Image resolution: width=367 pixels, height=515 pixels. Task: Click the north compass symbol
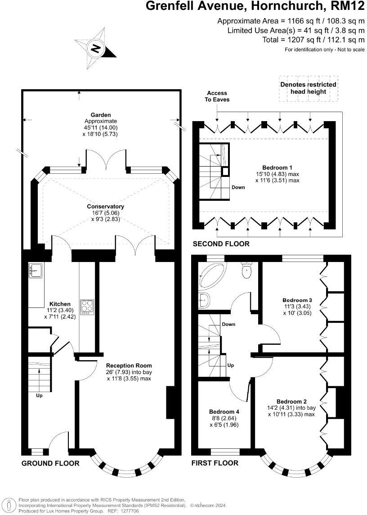click(x=95, y=48)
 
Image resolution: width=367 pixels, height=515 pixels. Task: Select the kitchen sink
click(x=36, y=270)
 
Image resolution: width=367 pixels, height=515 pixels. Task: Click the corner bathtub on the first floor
click(x=214, y=276)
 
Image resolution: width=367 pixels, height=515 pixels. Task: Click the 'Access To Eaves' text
click(x=217, y=96)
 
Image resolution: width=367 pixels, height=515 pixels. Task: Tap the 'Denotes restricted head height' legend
click(x=308, y=88)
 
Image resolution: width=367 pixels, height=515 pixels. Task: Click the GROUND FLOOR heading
click(x=50, y=463)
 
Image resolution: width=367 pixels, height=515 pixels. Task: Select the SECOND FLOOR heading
click(x=221, y=244)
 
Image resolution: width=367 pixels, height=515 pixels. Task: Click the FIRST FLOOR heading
click(x=215, y=463)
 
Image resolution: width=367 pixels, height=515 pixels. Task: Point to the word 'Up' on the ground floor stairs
click(x=40, y=396)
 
